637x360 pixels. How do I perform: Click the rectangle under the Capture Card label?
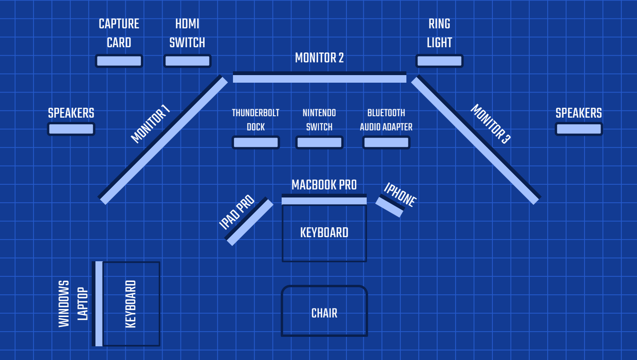(x=119, y=61)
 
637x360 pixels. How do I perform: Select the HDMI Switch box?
(x=188, y=61)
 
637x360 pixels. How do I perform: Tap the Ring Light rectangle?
(x=439, y=61)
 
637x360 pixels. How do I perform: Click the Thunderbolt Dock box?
(x=256, y=143)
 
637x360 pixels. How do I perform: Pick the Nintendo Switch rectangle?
(x=319, y=143)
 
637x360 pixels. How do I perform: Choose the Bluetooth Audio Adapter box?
(x=386, y=143)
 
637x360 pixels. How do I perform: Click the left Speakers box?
(x=71, y=129)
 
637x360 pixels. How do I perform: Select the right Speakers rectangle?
(x=579, y=129)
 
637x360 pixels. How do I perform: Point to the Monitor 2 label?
(x=319, y=58)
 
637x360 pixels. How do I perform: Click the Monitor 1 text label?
(x=150, y=124)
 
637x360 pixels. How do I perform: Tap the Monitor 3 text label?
(x=491, y=124)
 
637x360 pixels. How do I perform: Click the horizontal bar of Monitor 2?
(x=319, y=77)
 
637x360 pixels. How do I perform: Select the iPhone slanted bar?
(x=389, y=206)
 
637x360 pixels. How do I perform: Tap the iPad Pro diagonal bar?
(x=249, y=221)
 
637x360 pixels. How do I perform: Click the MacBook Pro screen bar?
(x=324, y=199)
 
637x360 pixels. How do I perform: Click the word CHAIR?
(x=324, y=313)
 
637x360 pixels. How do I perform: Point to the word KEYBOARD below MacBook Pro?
(x=324, y=232)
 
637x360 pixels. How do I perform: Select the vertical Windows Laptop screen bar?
(x=97, y=304)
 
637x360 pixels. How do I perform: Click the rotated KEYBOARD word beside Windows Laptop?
(x=131, y=304)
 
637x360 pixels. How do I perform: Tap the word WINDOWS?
(x=64, y=304)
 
